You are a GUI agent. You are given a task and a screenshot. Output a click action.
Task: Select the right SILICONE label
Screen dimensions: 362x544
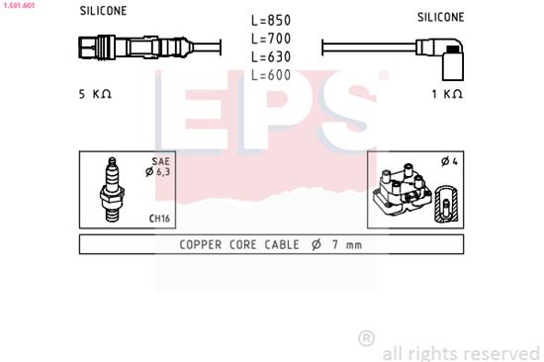tap(440, 17)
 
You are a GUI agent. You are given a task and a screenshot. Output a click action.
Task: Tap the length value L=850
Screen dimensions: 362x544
tap(271, 20)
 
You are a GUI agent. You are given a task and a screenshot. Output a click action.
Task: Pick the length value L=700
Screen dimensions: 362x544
tap(271, 39)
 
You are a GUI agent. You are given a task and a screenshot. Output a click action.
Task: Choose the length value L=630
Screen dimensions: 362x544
tap(271, 57)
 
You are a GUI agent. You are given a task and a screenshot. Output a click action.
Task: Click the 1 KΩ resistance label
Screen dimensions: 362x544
tap(447, 94)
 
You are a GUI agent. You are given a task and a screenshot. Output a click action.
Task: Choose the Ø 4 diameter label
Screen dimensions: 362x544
tap(446, 162)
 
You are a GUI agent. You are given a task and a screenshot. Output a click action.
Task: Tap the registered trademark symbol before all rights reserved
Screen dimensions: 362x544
tap(366, 339)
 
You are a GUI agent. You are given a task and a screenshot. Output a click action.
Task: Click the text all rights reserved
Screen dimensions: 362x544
tap(461, 351)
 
